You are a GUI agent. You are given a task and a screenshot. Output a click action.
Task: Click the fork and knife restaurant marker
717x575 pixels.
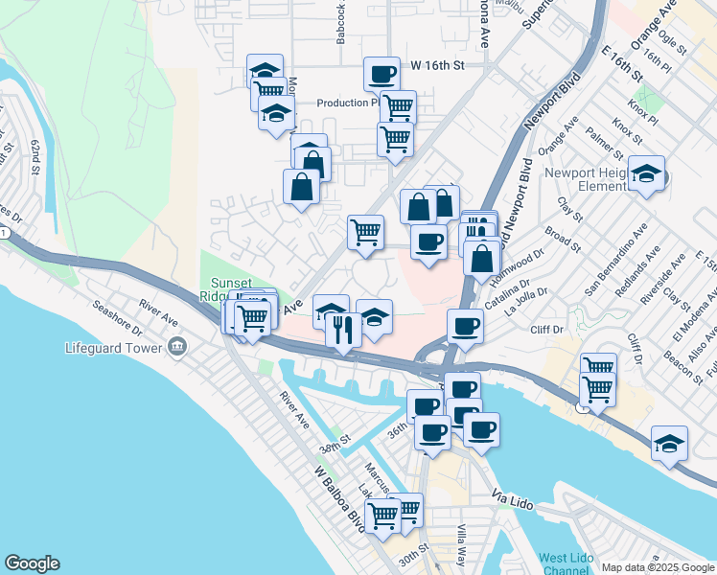[342, 331]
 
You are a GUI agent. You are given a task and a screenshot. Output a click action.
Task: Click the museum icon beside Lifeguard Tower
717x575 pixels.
[176, 347]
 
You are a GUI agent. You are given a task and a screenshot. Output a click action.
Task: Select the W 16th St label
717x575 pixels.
[437, 65]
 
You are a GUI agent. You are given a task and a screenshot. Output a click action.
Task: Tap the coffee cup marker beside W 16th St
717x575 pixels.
[381, 74]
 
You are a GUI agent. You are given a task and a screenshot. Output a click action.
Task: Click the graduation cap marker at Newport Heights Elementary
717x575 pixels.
[647, 173]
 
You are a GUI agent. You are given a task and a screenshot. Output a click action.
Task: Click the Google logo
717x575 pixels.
[32, 563]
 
